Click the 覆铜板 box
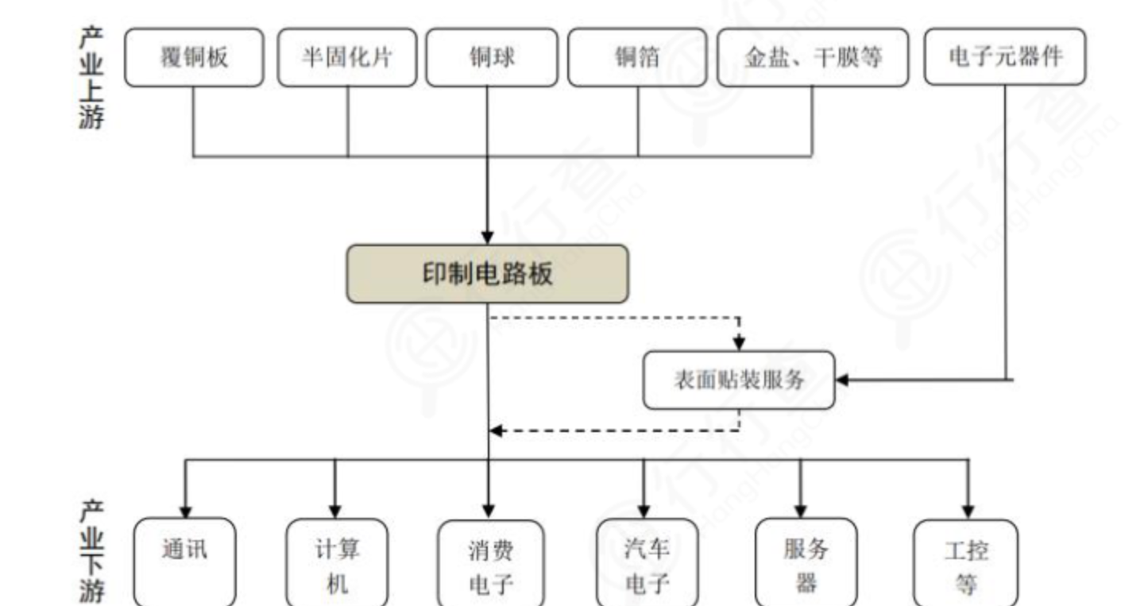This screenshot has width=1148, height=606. [x=194, y=57]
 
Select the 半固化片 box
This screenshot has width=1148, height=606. [x=347, y=57]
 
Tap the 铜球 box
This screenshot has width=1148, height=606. [x=492, y=57]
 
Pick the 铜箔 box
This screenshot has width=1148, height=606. [x=637, y=57]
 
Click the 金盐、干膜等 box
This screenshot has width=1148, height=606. [x=813, y=57]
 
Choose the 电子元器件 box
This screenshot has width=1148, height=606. [x=1005, y=56]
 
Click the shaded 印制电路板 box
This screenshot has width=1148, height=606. [x=487, y=274]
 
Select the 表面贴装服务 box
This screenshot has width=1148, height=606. [x=739, y=380]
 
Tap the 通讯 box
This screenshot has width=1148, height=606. [x=185, y=562]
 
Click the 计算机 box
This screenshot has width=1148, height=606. [x=337, y=562]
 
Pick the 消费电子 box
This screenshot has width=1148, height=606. [x=490, y=563]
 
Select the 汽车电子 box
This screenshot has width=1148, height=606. [x=647, y=562]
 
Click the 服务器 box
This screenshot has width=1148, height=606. [x=806, y=562]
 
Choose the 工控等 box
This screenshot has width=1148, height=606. [x=966, y=563]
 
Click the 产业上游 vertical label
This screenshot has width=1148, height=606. [x=91, y=77]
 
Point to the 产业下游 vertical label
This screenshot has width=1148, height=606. [x=91, y=551]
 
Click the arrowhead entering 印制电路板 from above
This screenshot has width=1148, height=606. [x=487, y=238]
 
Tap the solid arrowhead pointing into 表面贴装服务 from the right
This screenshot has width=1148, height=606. [x=842, y=380]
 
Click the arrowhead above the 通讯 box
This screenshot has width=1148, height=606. [x=186, y=512]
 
